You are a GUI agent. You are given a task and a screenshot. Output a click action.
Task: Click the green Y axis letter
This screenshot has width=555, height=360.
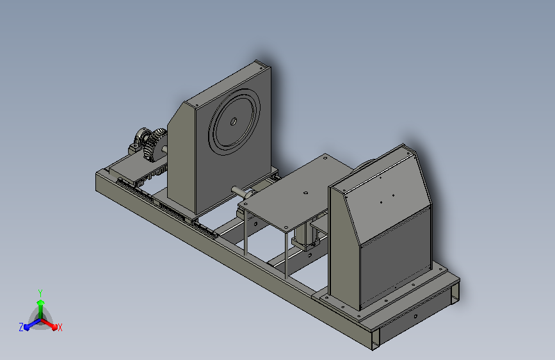(40, 293)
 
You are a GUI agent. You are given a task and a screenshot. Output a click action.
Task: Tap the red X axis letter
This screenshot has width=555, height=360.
(60, 327)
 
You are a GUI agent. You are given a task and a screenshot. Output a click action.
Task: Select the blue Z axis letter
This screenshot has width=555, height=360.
(21, 327)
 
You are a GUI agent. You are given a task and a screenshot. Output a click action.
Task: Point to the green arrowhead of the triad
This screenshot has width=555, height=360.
(41, 302)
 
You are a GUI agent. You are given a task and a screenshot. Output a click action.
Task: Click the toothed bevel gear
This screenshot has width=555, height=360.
(155, 145)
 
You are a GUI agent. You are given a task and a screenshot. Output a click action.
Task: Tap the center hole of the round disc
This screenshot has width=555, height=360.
(233, 122)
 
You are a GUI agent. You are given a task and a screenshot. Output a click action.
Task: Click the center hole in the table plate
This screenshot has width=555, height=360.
(305, 193)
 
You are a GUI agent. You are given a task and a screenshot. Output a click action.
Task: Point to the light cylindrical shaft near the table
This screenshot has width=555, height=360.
(241, 192)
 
